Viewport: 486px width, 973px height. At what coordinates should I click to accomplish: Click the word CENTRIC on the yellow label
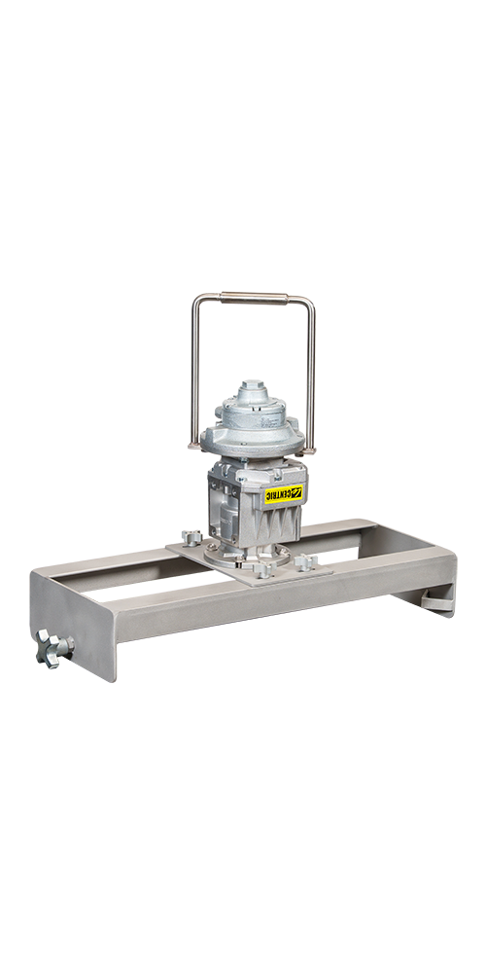click(280, 494)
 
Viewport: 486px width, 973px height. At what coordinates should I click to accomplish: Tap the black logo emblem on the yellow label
click(298, 492)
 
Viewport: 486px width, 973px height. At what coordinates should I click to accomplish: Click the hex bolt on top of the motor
click(251, 385)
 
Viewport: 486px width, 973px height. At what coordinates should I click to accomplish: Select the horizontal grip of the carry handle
click(254, 298)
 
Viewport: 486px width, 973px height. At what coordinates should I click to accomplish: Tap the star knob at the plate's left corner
click(191, 537)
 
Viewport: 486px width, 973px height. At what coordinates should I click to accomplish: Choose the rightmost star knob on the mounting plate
click(305, 562)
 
